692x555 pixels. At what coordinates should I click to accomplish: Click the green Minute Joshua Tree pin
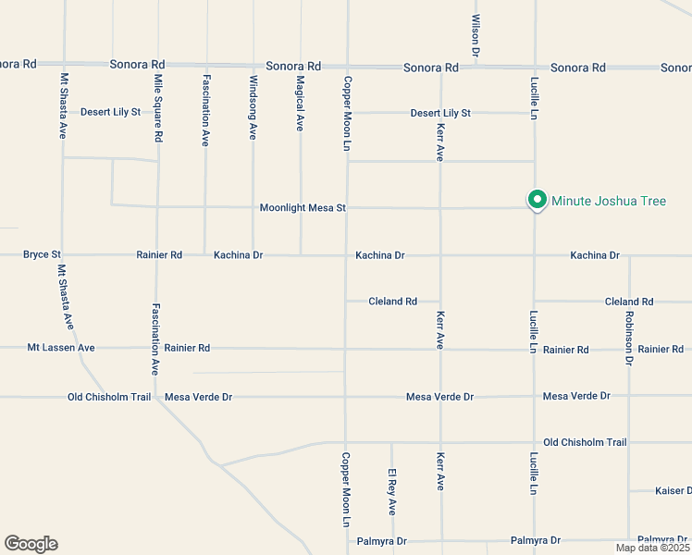(x=536, y=199)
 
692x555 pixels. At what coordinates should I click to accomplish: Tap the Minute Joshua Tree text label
(x=608, y=201)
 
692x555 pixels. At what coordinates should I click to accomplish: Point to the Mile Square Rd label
(x=159, y=109)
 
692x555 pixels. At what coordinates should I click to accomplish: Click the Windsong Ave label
(x=253, y=107)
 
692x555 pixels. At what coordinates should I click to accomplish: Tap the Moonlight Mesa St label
(x=303, y=208)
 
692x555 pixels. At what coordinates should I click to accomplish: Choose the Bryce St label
(x=42, y=254)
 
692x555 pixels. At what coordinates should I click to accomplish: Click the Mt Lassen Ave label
(x=61, y=348)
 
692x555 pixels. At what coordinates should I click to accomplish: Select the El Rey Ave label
(x=392, y=492)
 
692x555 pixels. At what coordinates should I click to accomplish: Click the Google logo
(x=31, y=544)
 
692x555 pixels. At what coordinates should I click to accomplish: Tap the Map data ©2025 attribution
(x=652, y=548)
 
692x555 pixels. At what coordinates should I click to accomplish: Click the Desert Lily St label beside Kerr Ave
(x=440, y=113)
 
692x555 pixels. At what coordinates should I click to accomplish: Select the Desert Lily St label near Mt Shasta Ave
(x=110, y=112)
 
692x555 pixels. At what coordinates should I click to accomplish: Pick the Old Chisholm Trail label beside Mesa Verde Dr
(x=109, y=397)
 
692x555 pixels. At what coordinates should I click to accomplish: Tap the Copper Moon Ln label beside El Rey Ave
(x=346, y=490)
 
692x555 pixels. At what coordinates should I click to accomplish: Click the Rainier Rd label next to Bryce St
(x=159, y=254)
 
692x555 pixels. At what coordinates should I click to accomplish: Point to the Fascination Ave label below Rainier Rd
(x=156, y=339)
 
